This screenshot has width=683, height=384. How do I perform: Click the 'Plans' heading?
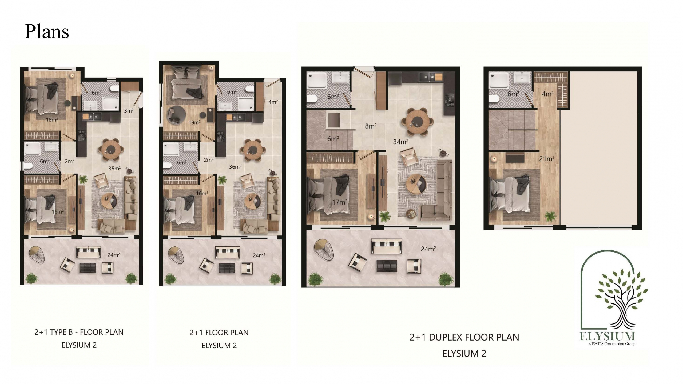click(47, 31)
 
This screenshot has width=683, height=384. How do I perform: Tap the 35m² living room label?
click(114, 169)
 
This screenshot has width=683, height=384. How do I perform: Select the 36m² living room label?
click(235, 167)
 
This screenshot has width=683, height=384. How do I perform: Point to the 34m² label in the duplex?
click(400, 142)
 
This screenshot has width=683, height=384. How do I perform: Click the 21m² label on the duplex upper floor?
click(547, 159)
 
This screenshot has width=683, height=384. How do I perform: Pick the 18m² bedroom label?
click(52, 120)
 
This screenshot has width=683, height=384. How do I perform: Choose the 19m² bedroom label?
click(194, 122)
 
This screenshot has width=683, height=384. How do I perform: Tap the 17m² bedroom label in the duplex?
click(339, 202)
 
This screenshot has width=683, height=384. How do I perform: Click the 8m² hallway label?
click(371, 126)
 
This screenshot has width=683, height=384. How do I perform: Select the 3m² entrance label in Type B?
click(129, 110)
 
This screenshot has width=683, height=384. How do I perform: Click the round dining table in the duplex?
click(418, 121)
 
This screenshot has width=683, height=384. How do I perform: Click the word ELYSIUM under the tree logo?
click(607, 336)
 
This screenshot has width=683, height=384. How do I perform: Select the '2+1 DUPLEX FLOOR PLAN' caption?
click(464, 337)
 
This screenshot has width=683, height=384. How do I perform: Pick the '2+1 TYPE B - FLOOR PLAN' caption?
click(79, 332)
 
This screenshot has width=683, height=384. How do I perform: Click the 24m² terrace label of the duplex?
click(428, 249)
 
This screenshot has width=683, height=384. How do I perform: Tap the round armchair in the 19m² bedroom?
click(176, 115)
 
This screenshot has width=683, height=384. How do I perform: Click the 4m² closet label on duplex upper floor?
click(547, 94)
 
